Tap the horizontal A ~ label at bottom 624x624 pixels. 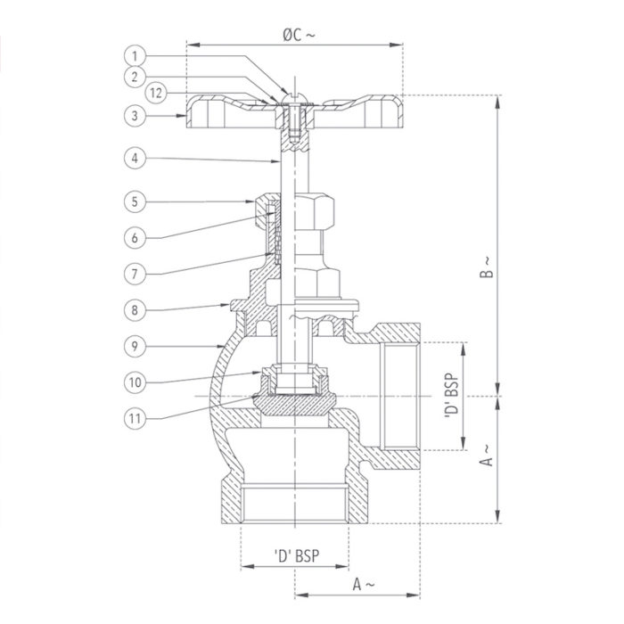point(360,584)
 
